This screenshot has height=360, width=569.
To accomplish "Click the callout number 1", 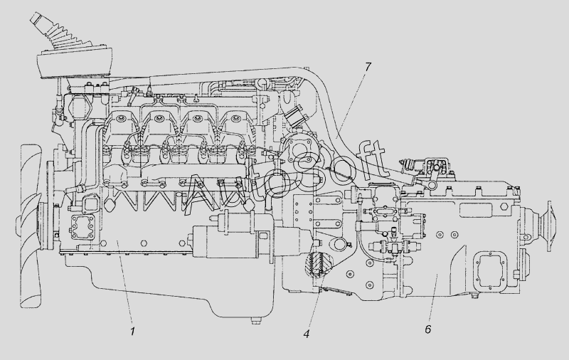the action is tap(133, 332).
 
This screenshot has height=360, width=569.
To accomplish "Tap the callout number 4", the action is tap(307, 334).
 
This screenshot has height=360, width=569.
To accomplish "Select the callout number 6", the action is tap(428, 329).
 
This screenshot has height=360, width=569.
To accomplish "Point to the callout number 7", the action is tap(368, 67).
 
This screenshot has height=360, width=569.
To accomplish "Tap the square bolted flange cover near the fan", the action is tap(82, 228).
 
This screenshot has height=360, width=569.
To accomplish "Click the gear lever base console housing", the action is tap(75, 63).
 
